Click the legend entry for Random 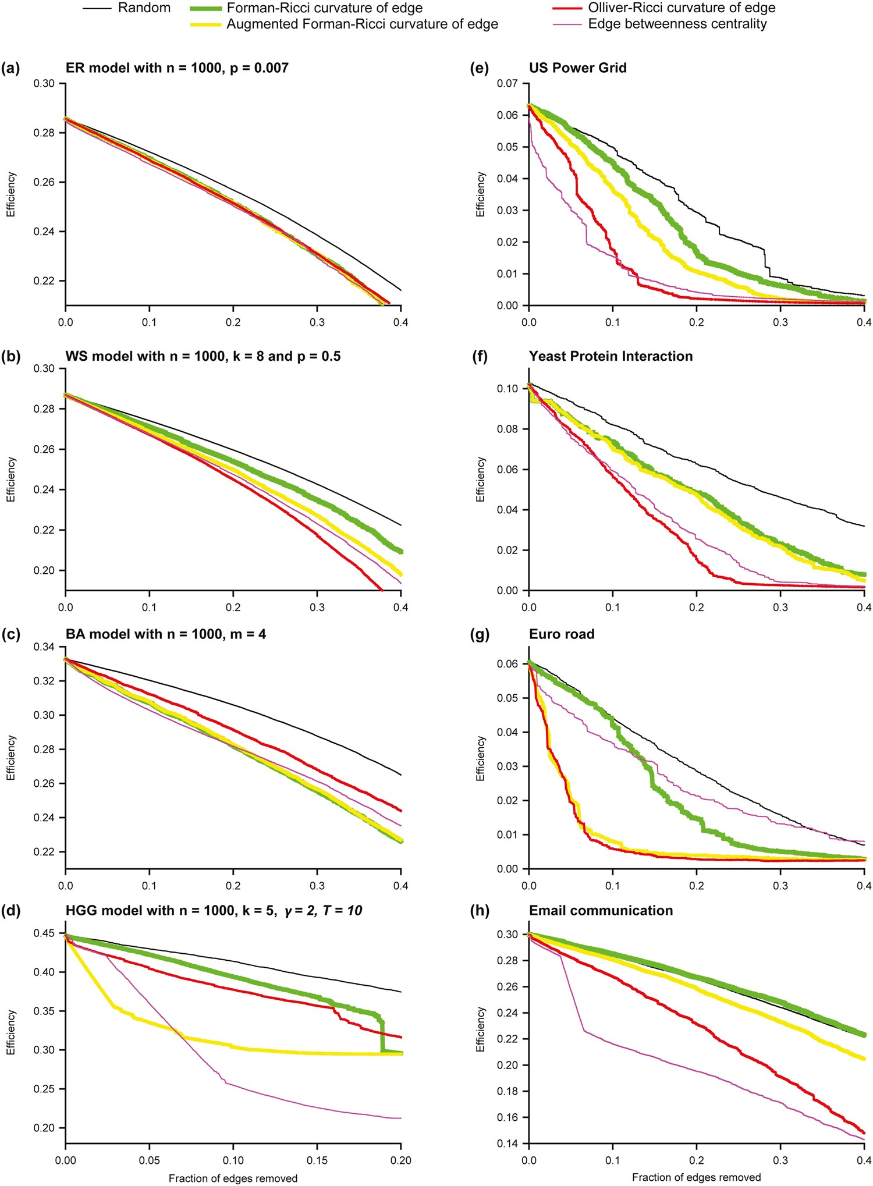point(144,8)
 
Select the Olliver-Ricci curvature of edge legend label point(682,8)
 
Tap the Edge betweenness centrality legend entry point(677,24)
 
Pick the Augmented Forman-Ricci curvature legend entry point(362,24)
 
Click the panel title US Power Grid point(577,68)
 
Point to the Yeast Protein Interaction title point(611,356)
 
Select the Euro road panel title point(562,634)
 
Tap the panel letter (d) point(10,911)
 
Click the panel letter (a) point(10,68)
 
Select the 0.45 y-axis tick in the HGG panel point(45,933)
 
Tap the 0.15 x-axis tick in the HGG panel point(317,1160)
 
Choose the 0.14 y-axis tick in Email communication point(509,1144)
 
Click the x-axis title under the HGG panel point(233,1178)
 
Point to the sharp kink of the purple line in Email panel point(584,1031)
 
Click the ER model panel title point(177,68)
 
